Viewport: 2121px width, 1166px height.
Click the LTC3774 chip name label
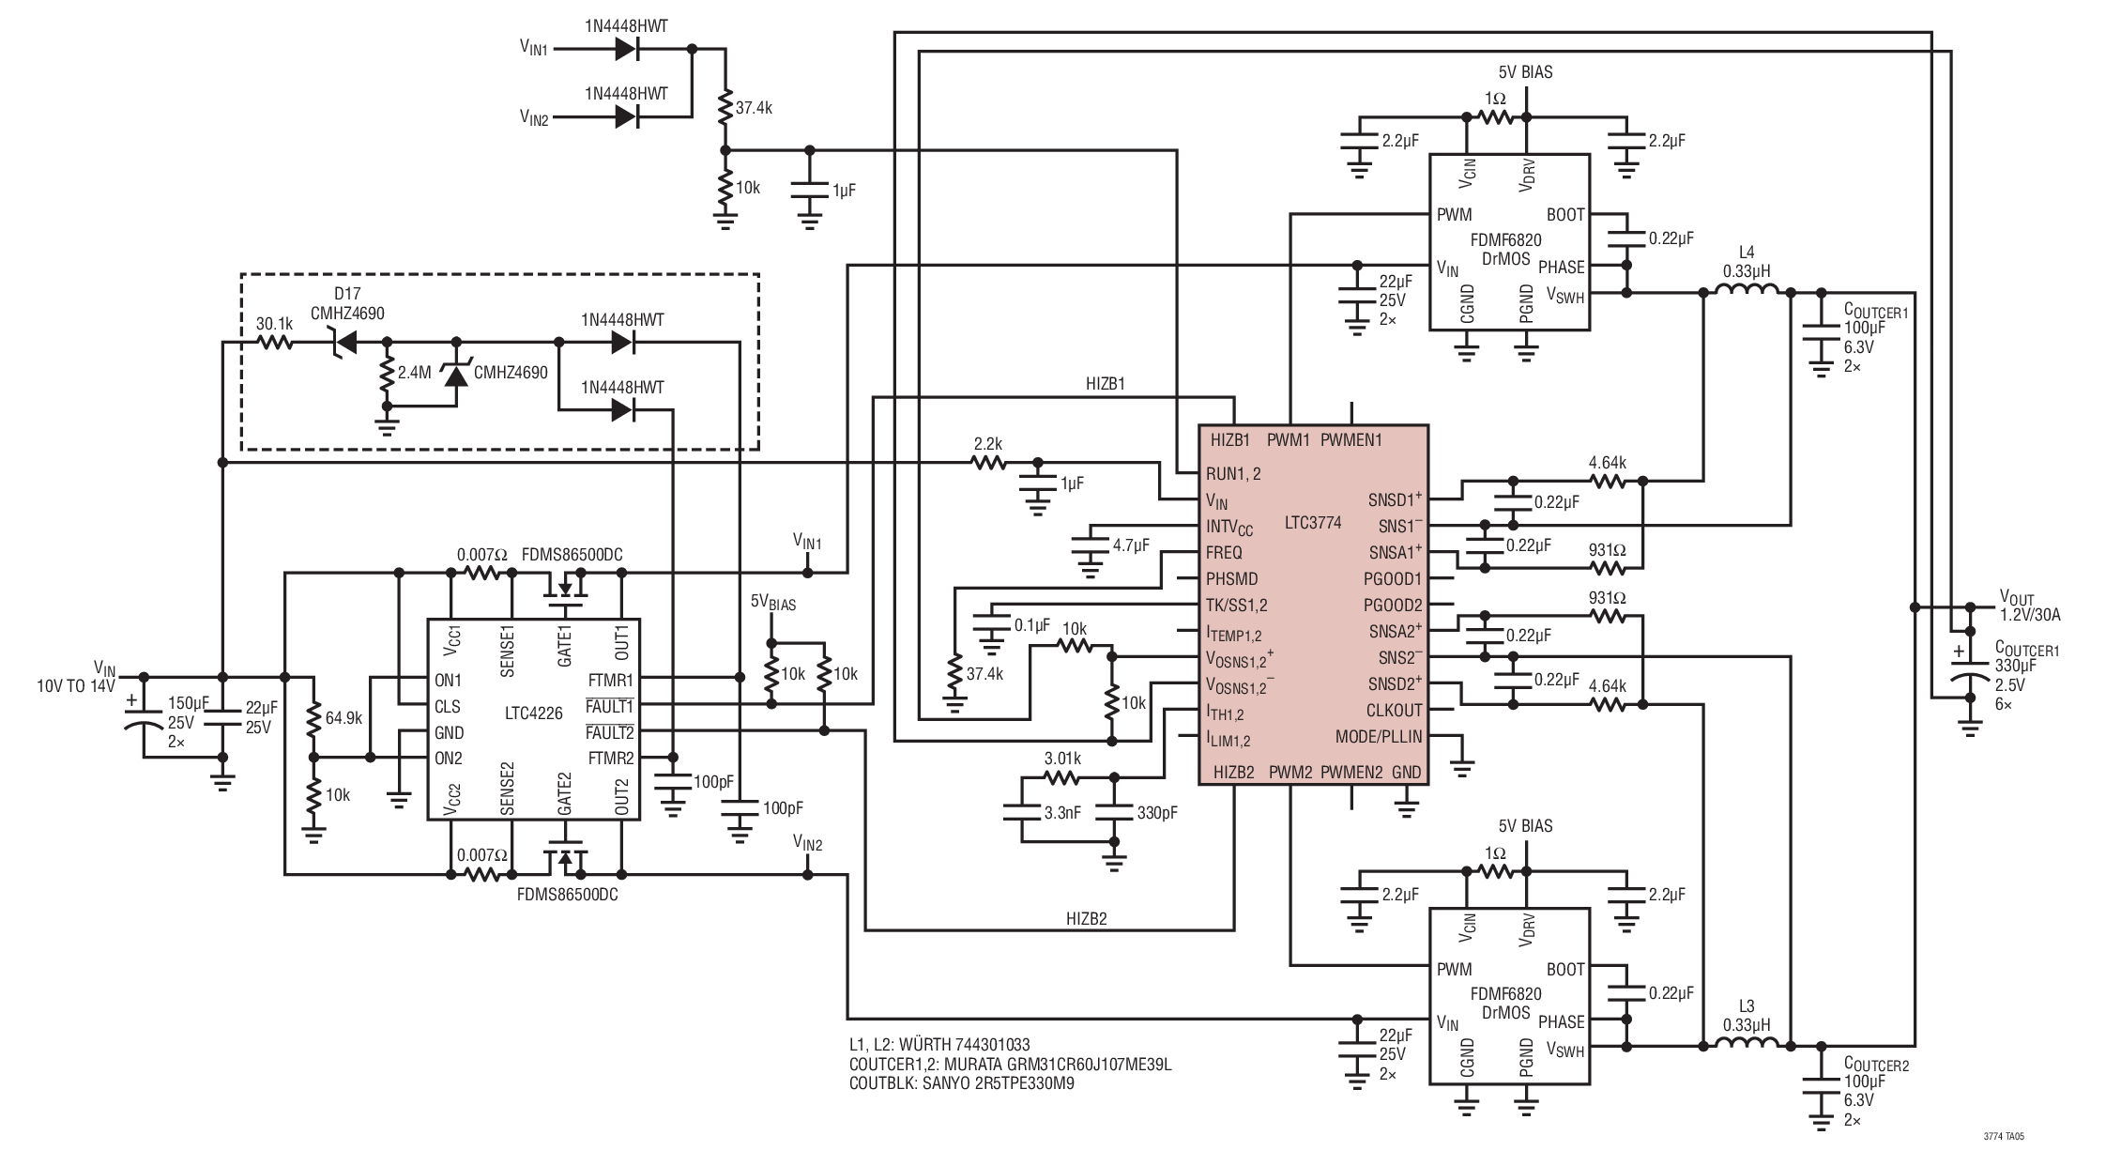[x=1313, y=522]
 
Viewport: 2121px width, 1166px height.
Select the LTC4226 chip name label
[x=532, y=713]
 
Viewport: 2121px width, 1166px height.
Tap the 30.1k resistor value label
[x=275, y=324]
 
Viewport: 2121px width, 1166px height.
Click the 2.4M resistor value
[x=414, y=373]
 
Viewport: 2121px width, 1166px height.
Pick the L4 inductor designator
[x=1747, y=253]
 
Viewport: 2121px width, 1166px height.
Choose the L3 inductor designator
[x=1747, y=1007]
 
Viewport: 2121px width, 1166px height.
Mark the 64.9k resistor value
[x=344, y=719]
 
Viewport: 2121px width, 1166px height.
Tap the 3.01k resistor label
[x=1062, y=759]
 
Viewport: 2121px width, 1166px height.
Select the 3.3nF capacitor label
[x=1062, y=813]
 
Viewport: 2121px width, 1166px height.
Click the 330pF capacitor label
[x=1157, y=813]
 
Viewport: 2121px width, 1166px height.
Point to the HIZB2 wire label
[x=1086, y=919]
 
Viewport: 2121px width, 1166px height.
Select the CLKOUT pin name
[x=1394, y=711]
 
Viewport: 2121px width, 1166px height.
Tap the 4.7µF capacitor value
[x=1131, y=545]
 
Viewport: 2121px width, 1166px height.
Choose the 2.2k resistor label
[x=988, y=442]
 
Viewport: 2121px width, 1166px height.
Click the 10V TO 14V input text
[x=76, y=686]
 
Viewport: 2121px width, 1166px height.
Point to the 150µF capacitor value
[x=189, y=703]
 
